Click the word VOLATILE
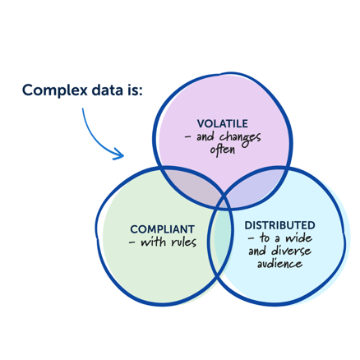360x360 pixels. pos(223,123)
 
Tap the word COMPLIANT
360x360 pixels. pos(162,228)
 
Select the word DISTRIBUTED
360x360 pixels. pos(279,224)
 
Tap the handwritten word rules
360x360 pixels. pos(182,242)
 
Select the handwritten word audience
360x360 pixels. pos(279,265)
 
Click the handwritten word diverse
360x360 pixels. pos(289,252)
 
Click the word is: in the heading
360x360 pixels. pos(134,90)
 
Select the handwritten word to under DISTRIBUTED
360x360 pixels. pos(265,238)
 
